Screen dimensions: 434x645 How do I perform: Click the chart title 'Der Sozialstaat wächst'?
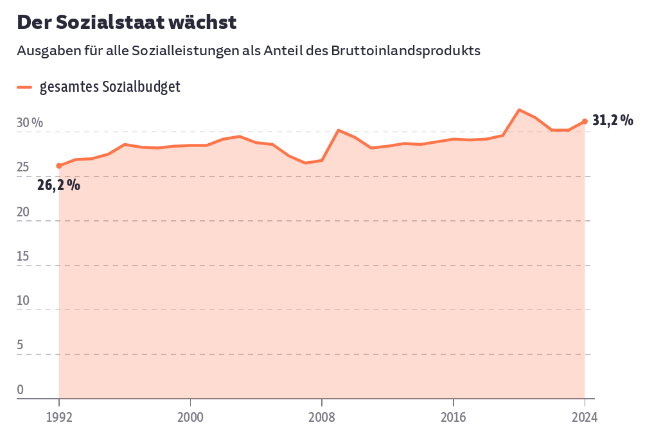tap(127, 22)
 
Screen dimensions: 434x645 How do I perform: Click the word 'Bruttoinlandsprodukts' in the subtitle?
tap(406, 51)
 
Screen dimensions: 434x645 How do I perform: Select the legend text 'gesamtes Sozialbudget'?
tap(110, 87)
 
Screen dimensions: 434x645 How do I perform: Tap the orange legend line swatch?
tap(24, 87)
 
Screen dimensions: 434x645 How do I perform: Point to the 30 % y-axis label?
tap(30, 123)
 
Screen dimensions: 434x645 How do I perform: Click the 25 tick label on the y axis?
tap(23, 168)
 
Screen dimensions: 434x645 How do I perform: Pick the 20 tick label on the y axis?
tap(23, 212)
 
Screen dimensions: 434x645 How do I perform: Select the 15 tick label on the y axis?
tap(23, 257)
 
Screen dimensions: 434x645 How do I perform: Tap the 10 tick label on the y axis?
tap(23, 301)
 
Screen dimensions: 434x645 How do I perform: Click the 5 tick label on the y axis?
tap(20, 345)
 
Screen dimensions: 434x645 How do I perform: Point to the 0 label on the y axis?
tap(20, 390)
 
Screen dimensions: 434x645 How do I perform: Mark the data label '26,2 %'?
tap(58, 186)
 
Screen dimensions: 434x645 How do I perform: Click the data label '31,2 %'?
tap(612, 120)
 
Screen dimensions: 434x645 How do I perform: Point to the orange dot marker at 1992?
tap(59, 166)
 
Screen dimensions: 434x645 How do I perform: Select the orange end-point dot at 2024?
tap(585, 121)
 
